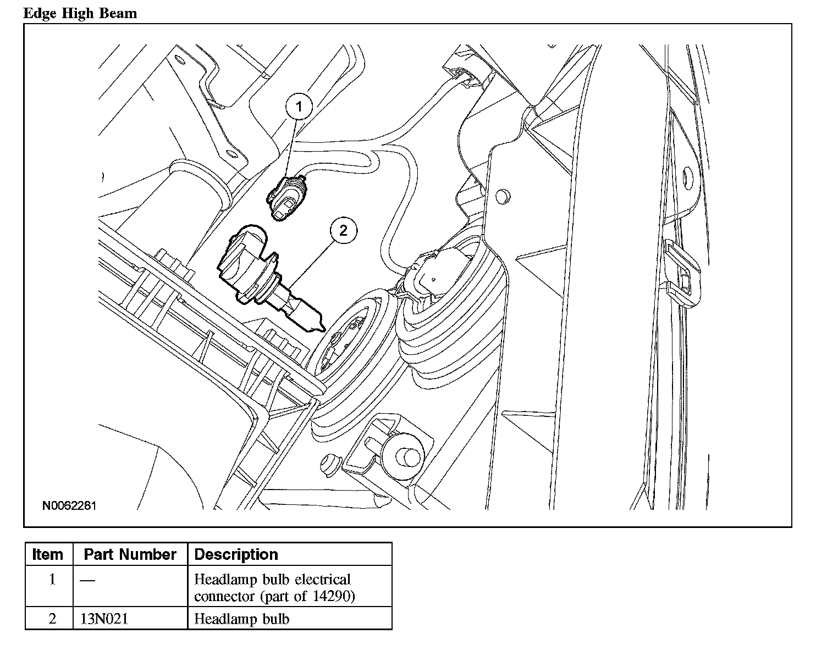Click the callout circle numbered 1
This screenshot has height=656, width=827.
coord(299,107)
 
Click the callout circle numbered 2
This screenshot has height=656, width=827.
coord(344,230)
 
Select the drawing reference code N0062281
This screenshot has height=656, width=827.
coord(69,505)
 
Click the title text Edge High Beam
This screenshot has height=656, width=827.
coord(80,13)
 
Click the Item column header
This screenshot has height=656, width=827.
coord(48,554)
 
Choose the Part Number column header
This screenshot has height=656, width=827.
coord(130,554)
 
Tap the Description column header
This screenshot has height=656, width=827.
coord(236,554)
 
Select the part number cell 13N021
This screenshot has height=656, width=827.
coord(104,619)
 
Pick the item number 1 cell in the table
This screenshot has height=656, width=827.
coord(52,580)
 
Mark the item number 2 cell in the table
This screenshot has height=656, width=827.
coord(52,619)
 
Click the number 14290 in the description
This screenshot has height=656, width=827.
coord(333,596)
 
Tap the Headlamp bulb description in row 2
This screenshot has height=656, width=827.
coord(242,619)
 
